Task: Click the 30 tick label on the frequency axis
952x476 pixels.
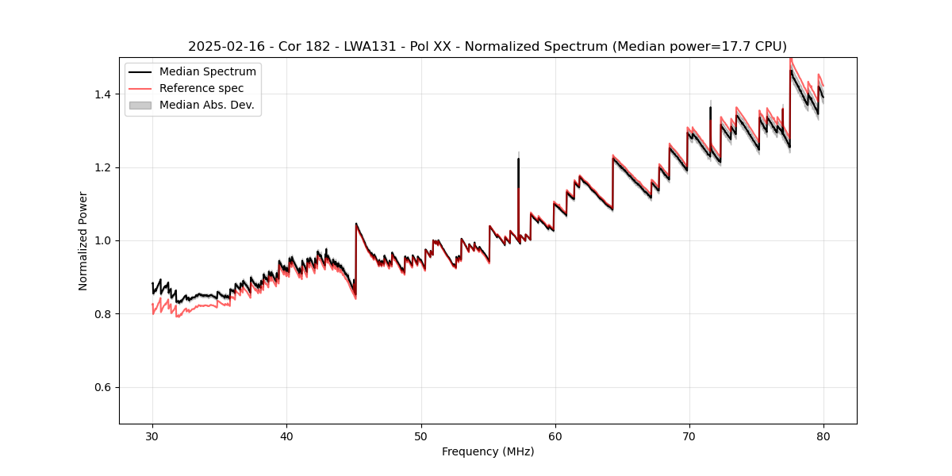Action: pyautogui.click(x=152, y=436)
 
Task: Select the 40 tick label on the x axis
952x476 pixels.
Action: pyautogui.click(x=286, y=436)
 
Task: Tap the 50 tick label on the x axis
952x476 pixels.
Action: pyautogui.click(x=421, y=436)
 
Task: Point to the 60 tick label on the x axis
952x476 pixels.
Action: pyautogui.click(x=555, y=436)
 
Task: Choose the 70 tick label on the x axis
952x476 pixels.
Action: pyautogui.click(x=689, y=436)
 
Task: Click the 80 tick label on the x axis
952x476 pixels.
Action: pyautogui.click(x=823, y=436)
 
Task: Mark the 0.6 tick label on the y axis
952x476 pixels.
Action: pyautogui.click(x=105, y=387)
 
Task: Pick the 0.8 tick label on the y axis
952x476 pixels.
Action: pyautogui.click(x=105, y=314)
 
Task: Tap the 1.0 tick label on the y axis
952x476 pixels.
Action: pyautogui.click(x=105, y=240)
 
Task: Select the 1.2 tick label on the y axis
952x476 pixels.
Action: pyautogui.click(x=105, y=167)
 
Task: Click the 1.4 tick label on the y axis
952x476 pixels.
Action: pyautogui.click(x=105, y=94)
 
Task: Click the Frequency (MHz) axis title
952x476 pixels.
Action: pyautogui.click(x=488, y=451)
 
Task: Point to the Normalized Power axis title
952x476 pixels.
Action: pyautogui.click(x=83, y=240)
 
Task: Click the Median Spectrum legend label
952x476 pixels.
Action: pyautogui.click(x=208, y=72)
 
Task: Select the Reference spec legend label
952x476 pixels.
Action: pyautogui.click(x=202, y=88)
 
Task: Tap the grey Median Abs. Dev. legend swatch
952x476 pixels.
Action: pyautogui.click(x=140, y=105)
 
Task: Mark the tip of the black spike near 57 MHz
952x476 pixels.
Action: pyautogui.click(x=519, y=159)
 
